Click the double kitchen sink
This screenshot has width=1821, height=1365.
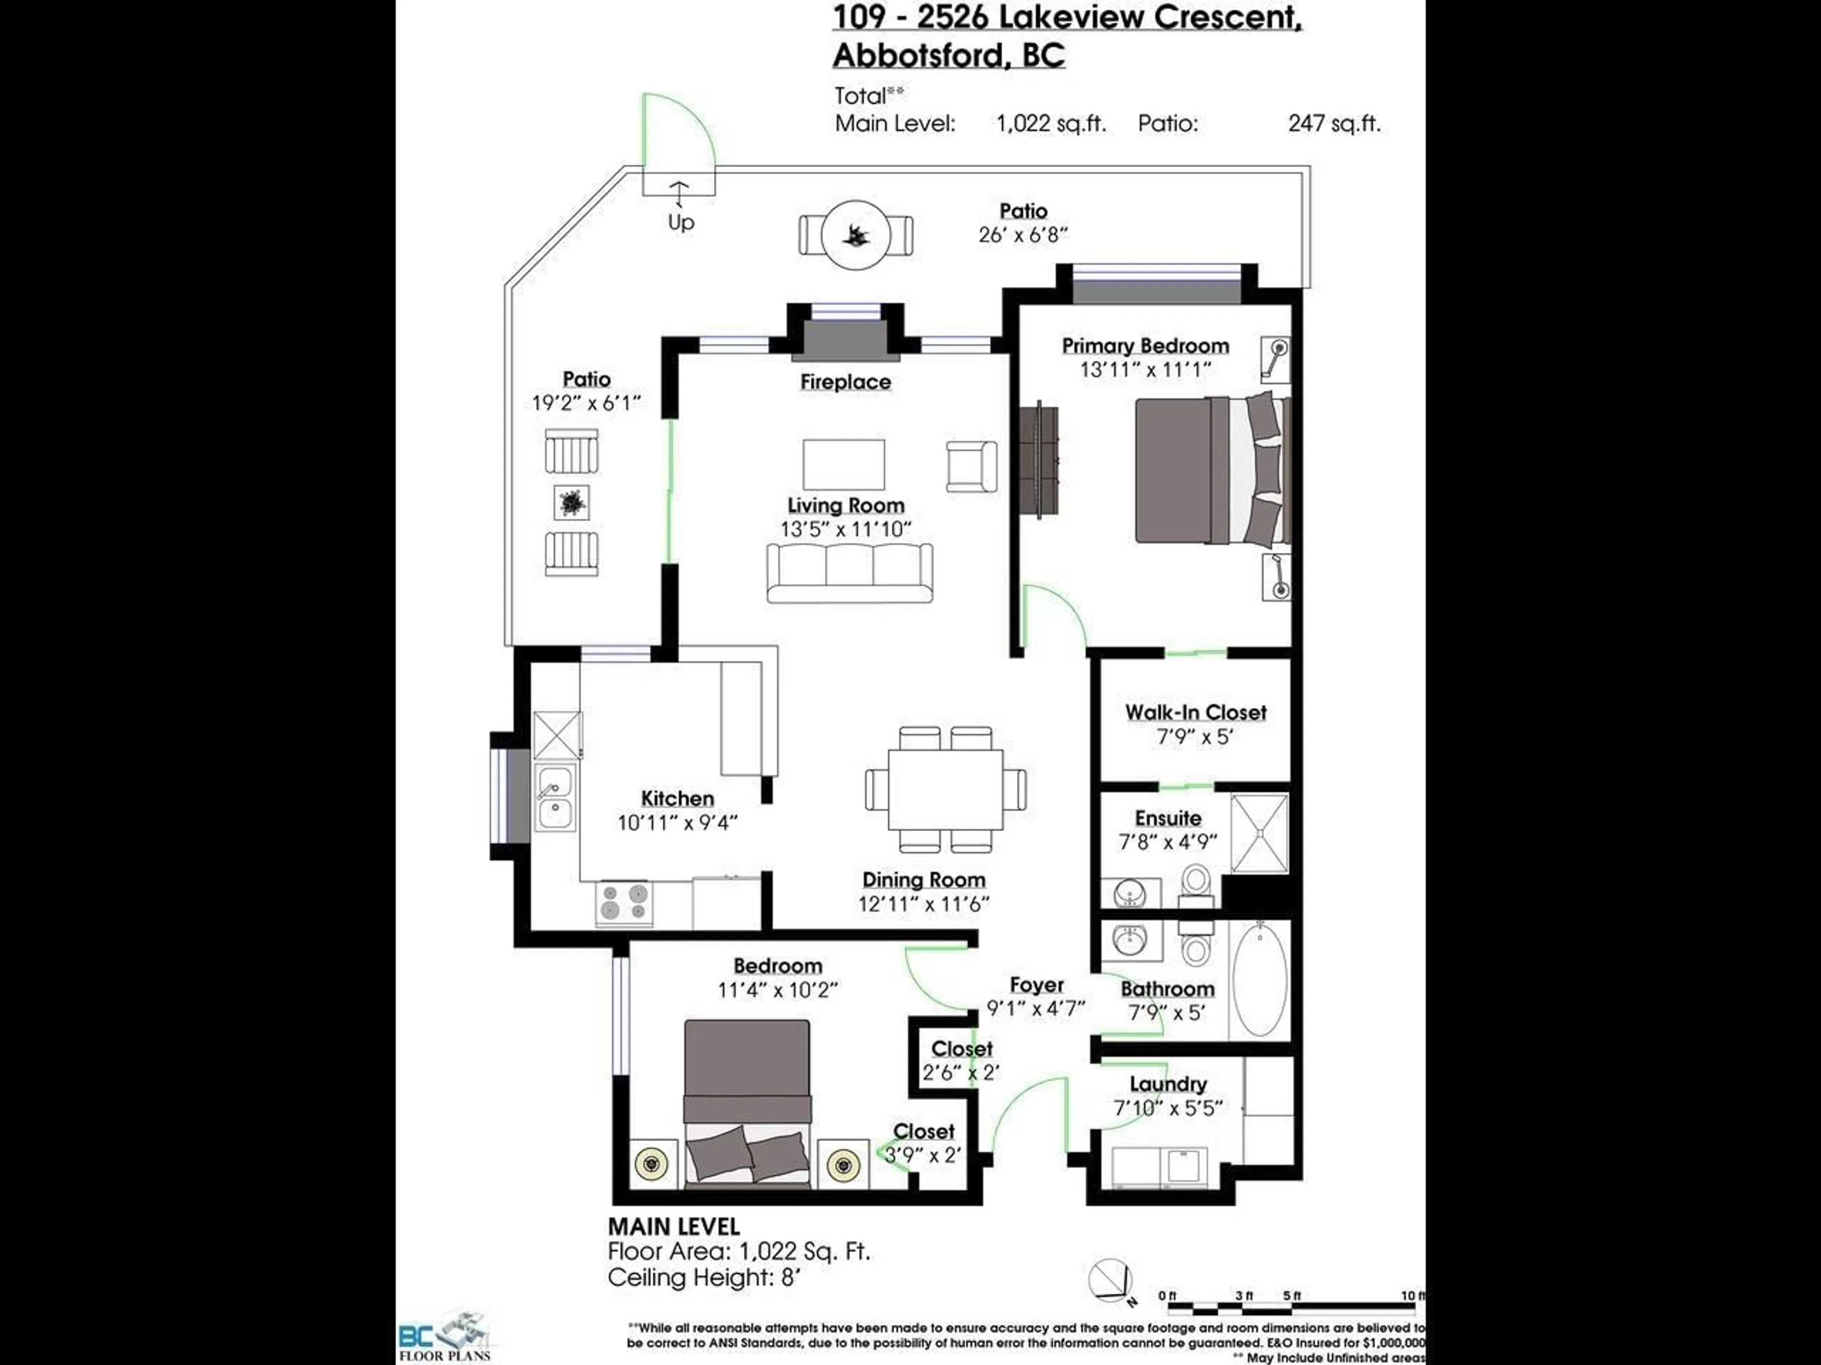tap(556, 798)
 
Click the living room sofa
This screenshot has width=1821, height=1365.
tap(850, 573)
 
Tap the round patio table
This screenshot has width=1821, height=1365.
tap(856, 235)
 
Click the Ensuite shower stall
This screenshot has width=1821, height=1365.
tap(1259, 834)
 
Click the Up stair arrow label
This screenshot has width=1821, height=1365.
tap(680, 222)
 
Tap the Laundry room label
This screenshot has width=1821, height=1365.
tap(1168, 1084)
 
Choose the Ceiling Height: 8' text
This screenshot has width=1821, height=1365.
tap(704, 1278)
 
